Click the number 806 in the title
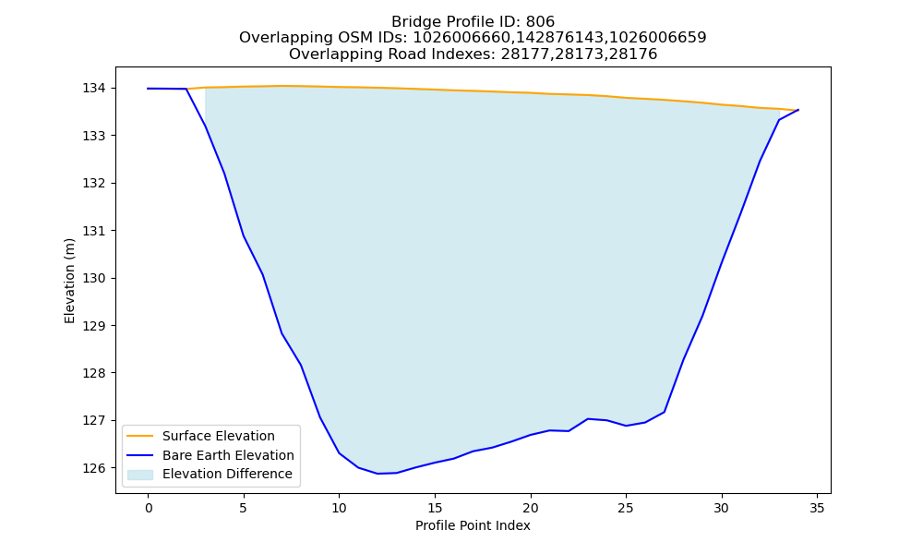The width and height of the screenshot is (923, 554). point(540,22)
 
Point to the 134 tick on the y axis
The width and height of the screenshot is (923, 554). point(94,89)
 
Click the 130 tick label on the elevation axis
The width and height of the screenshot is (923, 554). point(94,279)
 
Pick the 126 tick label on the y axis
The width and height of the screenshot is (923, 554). point(94,469)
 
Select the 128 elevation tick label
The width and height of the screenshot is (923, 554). point(94,373)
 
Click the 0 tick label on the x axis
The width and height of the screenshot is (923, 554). point(149,508)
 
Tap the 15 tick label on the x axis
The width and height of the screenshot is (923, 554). point(435,508)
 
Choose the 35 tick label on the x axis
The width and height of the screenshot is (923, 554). point(817,508)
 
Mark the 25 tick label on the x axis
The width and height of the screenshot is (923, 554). point(626,508)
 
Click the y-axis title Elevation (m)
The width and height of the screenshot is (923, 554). point(69,281)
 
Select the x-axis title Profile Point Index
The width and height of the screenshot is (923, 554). point(473,525)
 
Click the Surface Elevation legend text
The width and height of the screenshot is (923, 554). point(219,436)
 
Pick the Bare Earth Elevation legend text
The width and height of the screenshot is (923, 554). point(228,455)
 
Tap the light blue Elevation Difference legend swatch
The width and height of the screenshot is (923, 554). point(140,475)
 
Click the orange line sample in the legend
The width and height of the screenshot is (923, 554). point(140,436)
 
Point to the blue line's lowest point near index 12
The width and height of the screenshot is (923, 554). point(378,474)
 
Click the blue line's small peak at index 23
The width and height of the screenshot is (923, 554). point(587,418)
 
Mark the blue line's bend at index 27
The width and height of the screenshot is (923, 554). point(664,412)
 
